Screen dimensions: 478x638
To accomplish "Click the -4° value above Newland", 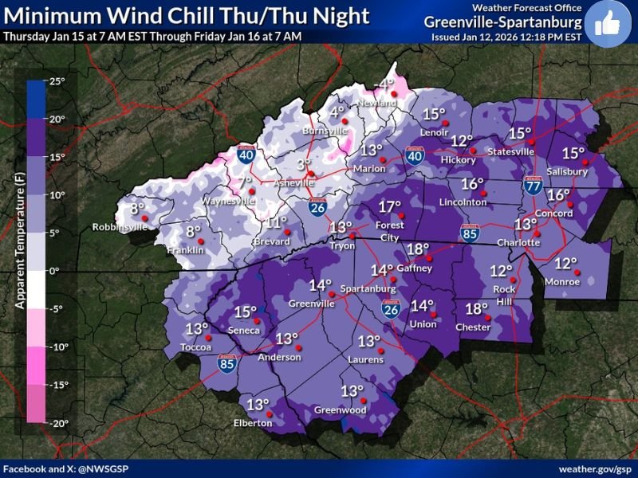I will (x=386, y=84).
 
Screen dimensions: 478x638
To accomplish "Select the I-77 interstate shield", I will (x=534, y=186).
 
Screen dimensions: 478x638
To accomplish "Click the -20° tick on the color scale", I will (x=58, y=423).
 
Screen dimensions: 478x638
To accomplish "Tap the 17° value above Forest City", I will (x=389, y=207).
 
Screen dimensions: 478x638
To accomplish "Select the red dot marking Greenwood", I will (x=362, y=401).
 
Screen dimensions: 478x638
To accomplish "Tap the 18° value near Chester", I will (x=476, y=309).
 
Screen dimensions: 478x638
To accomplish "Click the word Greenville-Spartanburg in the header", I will (x=503, y=22).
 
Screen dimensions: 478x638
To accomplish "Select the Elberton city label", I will (x=253, y=424).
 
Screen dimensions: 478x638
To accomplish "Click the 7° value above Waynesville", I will (x=245, y=184).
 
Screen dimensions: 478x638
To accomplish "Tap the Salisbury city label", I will (x=568, y=171).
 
